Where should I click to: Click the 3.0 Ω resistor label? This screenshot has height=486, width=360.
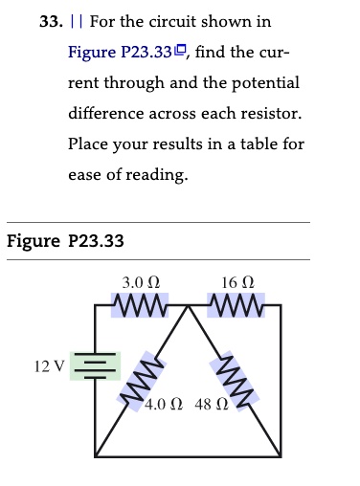(142, 283)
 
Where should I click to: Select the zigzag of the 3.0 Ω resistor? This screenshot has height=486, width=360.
(142, 307)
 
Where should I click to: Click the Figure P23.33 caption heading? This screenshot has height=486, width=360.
(65, 241)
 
